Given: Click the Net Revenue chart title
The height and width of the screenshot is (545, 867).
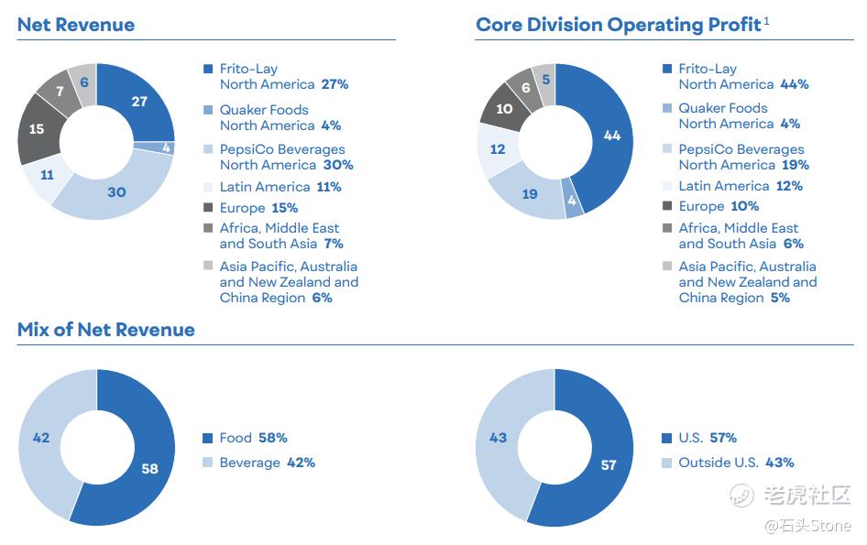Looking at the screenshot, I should [x=75, y=25].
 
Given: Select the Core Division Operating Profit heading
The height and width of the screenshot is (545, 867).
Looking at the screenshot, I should [x=618, y=25].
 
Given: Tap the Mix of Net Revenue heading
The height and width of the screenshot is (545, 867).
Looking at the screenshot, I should [x=105, y=330].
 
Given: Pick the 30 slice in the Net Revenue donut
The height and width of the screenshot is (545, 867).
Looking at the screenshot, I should [x=116, y=192].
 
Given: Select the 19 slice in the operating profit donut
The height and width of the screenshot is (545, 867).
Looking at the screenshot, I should [x=530, y=193].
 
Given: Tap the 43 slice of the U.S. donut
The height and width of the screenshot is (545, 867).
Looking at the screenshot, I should [x=498, y=438].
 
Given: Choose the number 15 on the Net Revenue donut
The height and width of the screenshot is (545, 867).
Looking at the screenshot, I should [x=36, y=129].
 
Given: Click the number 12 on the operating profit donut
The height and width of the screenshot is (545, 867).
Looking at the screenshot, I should [x=498, y=148].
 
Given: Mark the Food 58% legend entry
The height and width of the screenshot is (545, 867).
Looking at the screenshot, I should [x=253, y=438].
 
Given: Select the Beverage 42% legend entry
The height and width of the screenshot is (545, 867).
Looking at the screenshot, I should [x=267, y=463].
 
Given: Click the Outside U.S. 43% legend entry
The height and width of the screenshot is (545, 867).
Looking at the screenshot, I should [x=736, y=463].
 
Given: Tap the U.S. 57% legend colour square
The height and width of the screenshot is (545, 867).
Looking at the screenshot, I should [x=666, y=438].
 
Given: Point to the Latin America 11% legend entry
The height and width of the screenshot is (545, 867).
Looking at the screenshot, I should [x=280, y=187].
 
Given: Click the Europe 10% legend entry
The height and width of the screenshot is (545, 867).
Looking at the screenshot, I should [x=719, y=206].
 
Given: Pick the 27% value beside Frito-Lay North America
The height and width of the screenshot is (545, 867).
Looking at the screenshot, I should [x=335, y=84].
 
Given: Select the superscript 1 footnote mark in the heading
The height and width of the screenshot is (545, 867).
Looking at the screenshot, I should [x=766, y=20].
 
